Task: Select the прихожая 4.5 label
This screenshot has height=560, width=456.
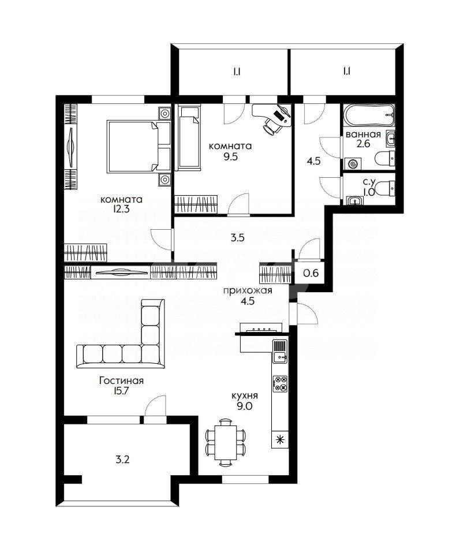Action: coord(239,295)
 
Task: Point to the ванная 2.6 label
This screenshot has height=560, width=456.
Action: coord(362,140)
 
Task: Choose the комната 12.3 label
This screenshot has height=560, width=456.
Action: coord(121,205)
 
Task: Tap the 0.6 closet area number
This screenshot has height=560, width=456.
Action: coord(311,274)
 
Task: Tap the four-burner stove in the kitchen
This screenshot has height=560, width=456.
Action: coord(280,384)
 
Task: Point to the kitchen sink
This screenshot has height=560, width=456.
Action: coord(280,351)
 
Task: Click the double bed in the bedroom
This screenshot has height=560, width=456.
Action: coord(139,147)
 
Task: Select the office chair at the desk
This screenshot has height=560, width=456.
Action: coord(271,126)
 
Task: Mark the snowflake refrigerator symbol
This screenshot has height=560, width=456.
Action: coord(280,439)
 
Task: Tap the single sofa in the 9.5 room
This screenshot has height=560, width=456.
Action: coord(188,139)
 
